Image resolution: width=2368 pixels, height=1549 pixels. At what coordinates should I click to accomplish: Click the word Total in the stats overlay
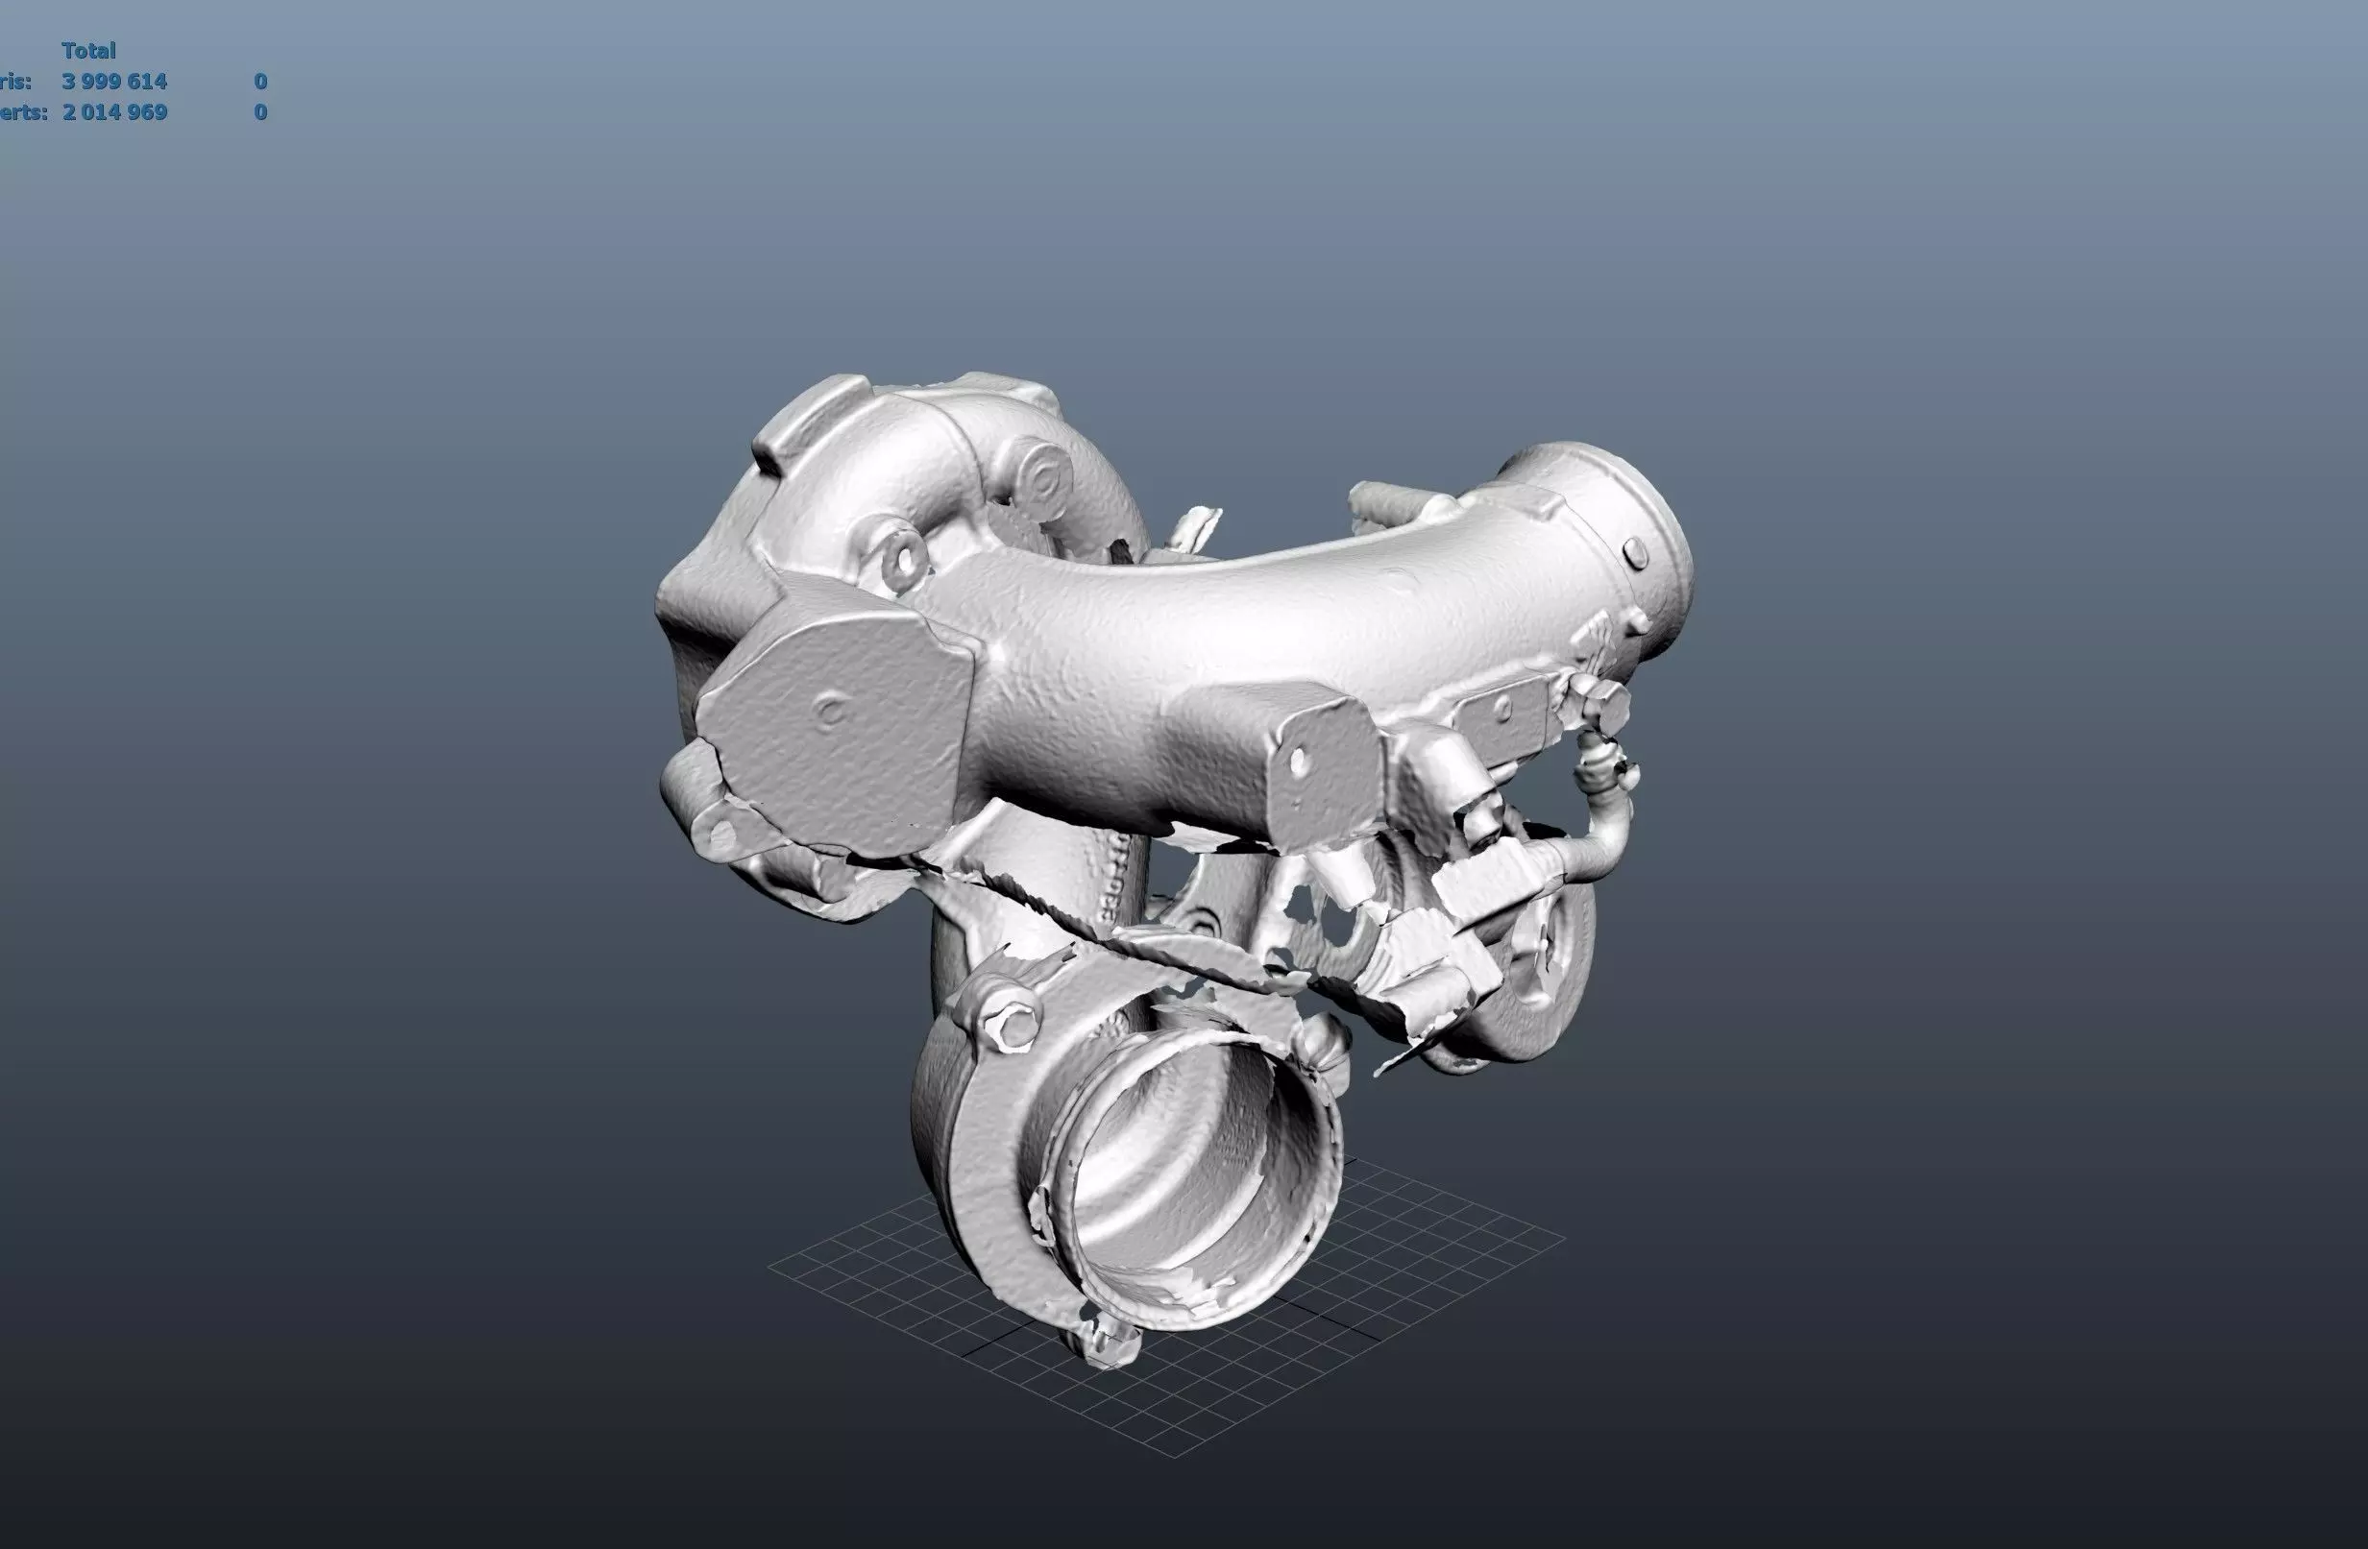click(88, 51)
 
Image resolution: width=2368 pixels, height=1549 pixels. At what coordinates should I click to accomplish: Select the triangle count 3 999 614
click(114, 82)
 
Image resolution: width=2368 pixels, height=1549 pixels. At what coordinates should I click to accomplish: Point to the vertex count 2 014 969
click(114, 112)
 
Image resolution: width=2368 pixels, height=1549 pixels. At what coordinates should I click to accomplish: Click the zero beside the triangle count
click(259, 82)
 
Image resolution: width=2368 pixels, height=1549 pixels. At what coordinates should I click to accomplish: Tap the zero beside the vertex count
click(259, 112)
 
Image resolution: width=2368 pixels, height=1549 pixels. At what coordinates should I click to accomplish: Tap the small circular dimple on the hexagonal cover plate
click(830, 711)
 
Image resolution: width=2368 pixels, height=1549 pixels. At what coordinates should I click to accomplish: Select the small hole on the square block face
click(1298, 762)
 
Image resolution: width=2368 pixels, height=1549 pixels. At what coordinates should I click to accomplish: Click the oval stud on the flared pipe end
click(1635, 553)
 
